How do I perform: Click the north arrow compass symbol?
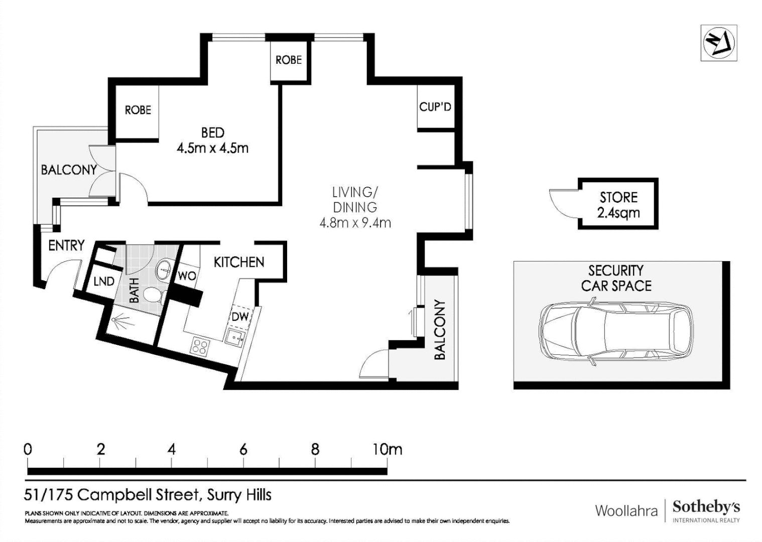coord(718,43)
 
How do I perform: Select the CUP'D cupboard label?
coord(435,107)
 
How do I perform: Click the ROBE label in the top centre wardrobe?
coord(289,60)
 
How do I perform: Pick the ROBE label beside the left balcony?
coord(138,110)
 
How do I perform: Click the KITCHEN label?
coord(238,262)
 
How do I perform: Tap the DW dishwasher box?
coord(240,316)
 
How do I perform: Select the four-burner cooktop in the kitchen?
coord(200,346)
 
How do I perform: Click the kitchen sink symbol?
coord(234,337)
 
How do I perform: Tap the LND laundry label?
coord(104,282)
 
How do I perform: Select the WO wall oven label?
coord(187,276)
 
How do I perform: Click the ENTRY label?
coord(66,245)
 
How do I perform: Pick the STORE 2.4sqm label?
coord(618,205)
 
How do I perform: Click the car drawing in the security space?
coord(616,329)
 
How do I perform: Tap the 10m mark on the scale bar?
coord(387,449)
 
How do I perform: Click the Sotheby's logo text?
coord(706,507)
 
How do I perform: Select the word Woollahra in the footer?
coord(626,511)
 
